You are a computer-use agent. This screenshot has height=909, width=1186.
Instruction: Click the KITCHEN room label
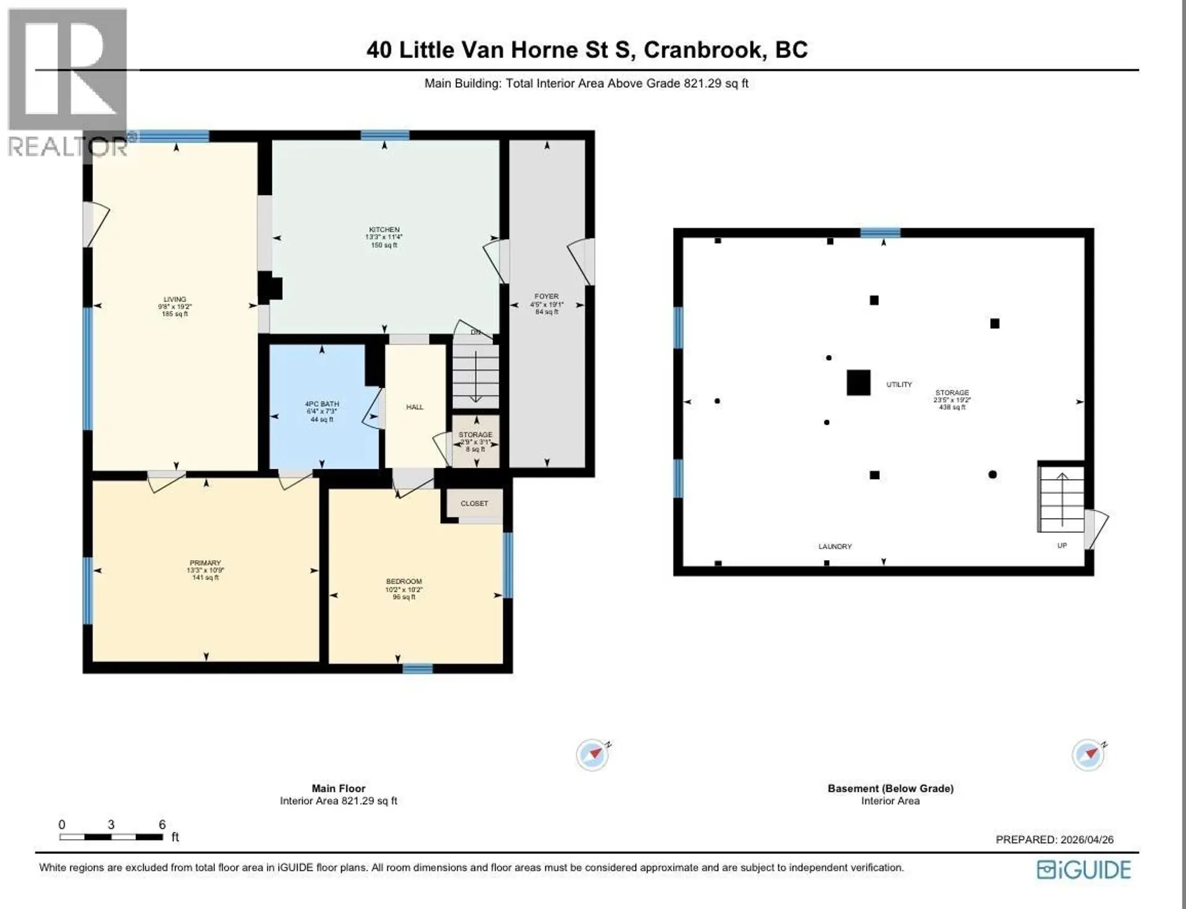[x=384, y=230]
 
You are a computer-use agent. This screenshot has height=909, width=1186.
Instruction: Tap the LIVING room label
[x=175, y=300]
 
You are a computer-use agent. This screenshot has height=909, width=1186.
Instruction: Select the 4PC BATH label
[x=322, y=404]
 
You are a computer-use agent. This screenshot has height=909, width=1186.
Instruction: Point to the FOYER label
[x=546, y=296]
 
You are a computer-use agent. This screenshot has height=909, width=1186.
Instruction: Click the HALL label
[x=414, y=407]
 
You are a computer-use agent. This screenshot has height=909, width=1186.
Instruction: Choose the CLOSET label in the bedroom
[x=474, y=503]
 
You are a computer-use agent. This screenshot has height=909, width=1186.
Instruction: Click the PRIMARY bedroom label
[x=205, y=563]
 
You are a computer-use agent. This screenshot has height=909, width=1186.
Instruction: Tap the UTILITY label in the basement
[x=899, y=385]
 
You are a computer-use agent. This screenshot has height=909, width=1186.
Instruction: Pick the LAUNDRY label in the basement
[x=835, y=547]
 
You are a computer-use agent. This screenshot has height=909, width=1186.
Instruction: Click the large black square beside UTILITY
[x=858, y=383]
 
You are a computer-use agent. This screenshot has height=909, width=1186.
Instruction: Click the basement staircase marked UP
[x=1061, y=500]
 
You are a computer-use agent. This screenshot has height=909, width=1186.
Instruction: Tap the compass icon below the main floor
[x=592, y=754]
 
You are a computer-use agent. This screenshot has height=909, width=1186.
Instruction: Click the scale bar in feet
[x=111, y=837]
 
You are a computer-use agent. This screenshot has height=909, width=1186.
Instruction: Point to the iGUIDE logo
[x=1083, y=869]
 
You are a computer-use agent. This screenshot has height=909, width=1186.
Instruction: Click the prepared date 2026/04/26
[x=1087, y=839]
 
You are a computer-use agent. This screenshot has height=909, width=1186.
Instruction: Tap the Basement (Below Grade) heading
[x=890, y=789]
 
